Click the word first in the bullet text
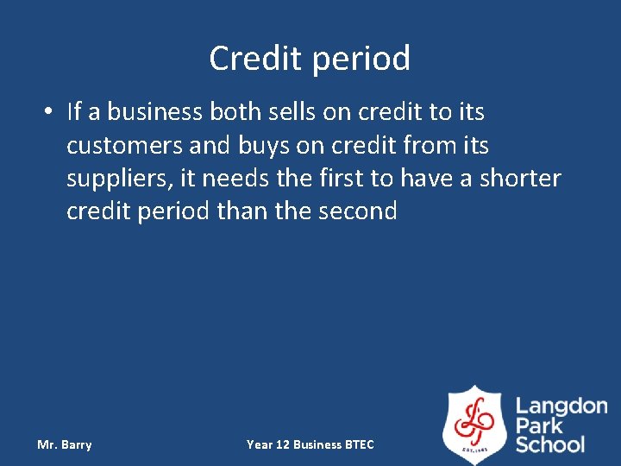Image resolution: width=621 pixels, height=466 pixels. pyautogui.click(x=342, y=179)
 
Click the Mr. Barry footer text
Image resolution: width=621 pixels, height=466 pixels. pyautogui.click(x=65, y=444)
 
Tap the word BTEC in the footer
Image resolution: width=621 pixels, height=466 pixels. pyautogui.click(x=359, y=444)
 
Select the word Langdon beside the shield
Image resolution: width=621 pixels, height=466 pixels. pyautogui.click(x=561, y=406)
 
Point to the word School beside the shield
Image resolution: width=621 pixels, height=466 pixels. pyautogui.click(x=550, y=444)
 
